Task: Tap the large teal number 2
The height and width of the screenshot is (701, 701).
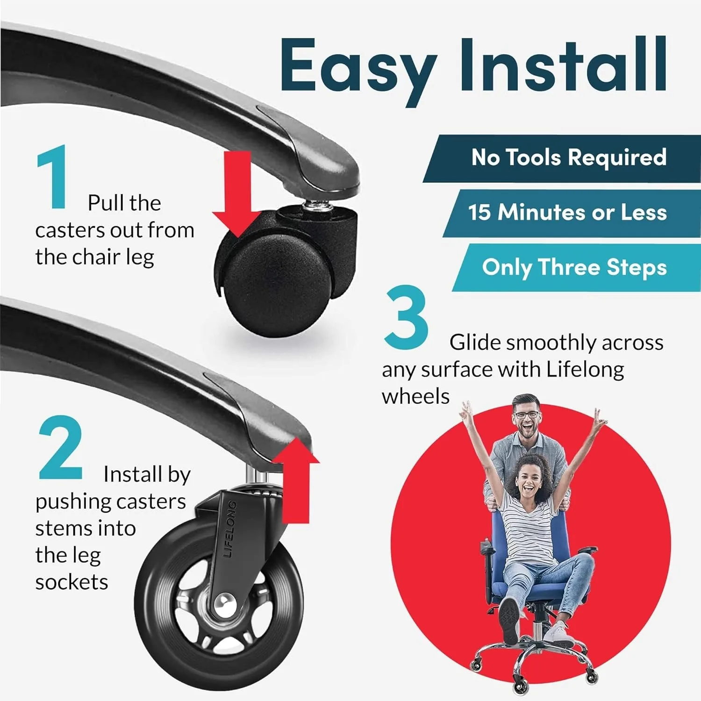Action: [61, 448]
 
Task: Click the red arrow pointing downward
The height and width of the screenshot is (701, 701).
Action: [237, 193]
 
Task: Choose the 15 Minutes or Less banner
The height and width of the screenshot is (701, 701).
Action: [571, 213]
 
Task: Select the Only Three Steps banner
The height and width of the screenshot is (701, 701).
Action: [577, 267]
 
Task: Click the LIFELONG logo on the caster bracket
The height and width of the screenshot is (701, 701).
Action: [229, 529]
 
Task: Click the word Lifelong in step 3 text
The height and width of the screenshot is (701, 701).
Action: [585, 370]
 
